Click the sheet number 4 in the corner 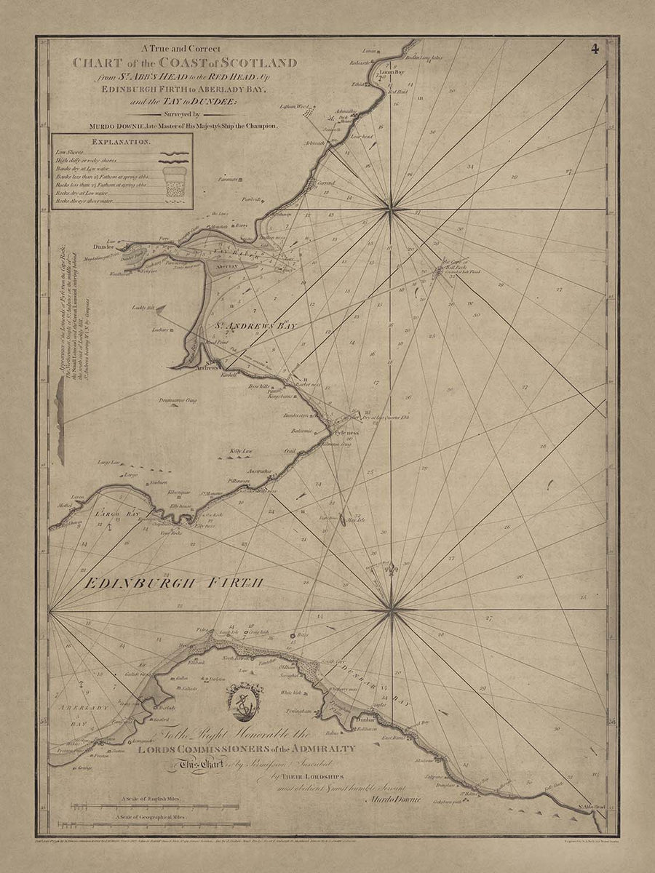click(595, 49)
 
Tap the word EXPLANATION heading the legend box click(122, 143)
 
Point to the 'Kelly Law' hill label click(241, 451)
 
